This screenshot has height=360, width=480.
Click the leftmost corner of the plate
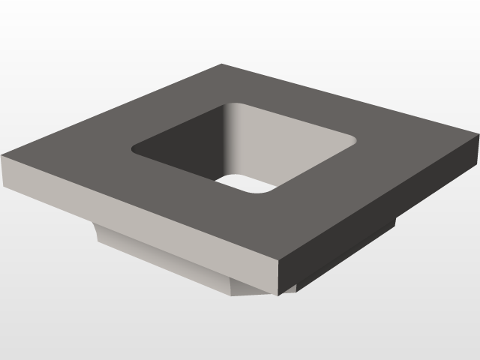tap(1, 157)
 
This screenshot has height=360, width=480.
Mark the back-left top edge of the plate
tap(112, 110)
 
